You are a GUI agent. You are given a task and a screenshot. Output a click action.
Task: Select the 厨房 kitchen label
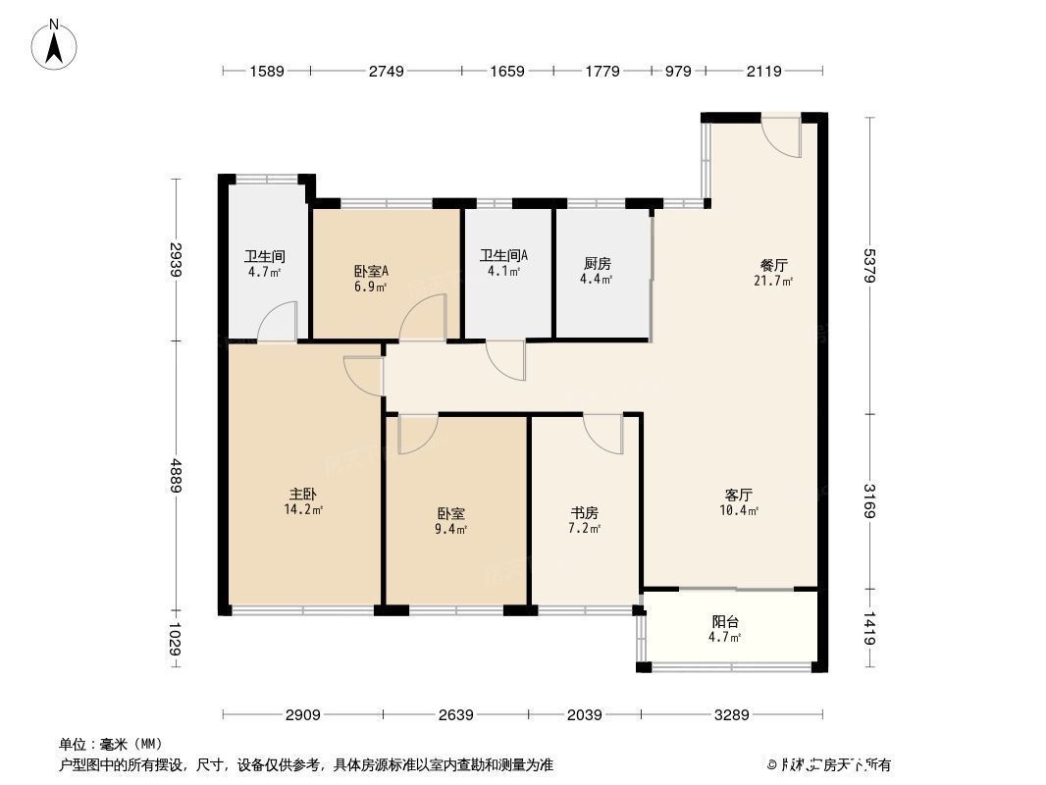coord(598,264)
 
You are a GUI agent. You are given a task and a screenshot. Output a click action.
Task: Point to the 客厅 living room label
coord(738,495)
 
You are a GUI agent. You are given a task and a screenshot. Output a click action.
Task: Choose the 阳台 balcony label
coord(725,621)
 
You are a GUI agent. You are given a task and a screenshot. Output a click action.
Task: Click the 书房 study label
coord(585,512)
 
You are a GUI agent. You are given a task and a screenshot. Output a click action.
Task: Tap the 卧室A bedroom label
coord(370,272)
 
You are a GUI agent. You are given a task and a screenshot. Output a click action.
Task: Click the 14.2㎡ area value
coord(303,510)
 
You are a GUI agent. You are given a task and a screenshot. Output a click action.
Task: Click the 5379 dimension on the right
coord(868,264)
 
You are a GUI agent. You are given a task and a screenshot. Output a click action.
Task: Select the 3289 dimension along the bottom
coord(732,714)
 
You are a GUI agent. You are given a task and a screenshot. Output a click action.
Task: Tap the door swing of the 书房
coord(602,434)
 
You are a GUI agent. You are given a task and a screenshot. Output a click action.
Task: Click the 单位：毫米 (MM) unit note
coord(110,744)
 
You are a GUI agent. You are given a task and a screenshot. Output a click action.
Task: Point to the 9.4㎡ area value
coord(451,529)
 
